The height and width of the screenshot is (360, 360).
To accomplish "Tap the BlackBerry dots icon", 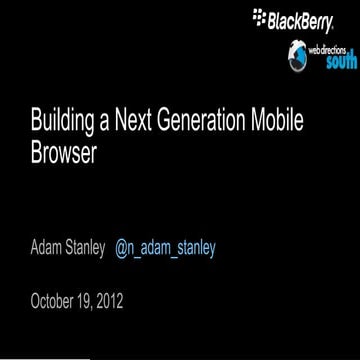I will tap(262, 16).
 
